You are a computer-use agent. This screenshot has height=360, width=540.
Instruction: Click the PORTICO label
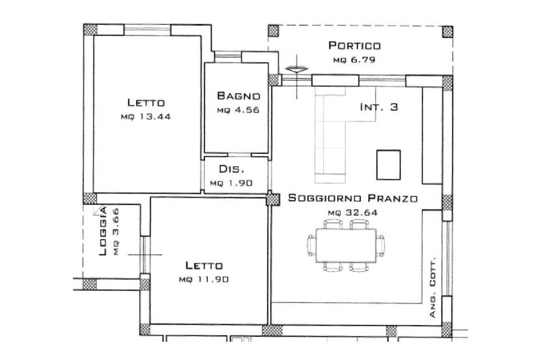pyautogui.click(x=354, y=45)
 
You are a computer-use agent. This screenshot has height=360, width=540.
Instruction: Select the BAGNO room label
pyautogui.click(x=238, y=96)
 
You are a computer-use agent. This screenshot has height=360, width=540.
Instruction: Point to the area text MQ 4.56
pyautogui.click(x=238, y=110)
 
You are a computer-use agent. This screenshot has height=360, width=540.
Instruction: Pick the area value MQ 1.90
pyautogui.click(x=231, y=183)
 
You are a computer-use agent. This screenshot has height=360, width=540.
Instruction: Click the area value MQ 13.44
pyautogui.click(x=146, y=116)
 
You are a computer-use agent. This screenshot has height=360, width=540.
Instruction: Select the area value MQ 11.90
pyautogui.click(x=204, y=280)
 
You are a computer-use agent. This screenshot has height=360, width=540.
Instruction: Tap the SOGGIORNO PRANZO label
pyautogui.click(x=353, y=198)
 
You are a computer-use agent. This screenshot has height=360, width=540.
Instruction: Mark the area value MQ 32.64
pyautogui.click(x=353, y=212)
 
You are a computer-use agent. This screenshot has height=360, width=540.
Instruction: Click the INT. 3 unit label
pyautogui.click(x=379, y=107)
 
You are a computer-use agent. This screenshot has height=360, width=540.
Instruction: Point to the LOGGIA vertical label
pyautogui.click(x=103, y=232)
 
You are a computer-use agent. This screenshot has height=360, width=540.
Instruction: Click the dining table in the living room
pyautogui.click(x=346, y=245)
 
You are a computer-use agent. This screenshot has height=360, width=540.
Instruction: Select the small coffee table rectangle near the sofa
pyautogui.click(x=388, y=164)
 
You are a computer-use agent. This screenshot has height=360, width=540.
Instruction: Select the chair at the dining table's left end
pyautogui.click(x=312, y=246)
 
